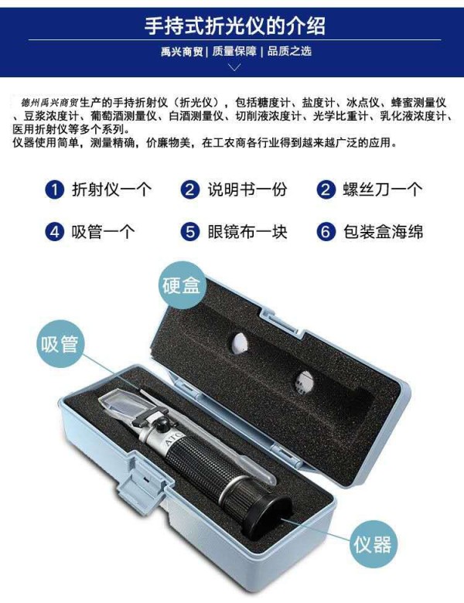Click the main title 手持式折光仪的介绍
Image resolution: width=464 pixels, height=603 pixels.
tap(234, 26)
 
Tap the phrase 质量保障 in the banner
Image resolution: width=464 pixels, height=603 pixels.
tap(234, 51)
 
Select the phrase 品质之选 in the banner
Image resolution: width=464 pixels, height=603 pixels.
tap(289, 51)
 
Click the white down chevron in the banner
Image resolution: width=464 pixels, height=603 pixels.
tap(234, 67)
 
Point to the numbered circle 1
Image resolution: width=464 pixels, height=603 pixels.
tap(55, 189)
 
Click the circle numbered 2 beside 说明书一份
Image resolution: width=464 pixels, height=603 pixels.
tap(190, 189)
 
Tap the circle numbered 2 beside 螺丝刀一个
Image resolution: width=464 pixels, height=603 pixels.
tap(326, 189)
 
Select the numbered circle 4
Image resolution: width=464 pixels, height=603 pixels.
tap(55, 232)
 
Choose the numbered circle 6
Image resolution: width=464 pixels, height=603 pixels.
tap(326, 232)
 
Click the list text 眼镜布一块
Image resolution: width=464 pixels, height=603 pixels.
tap(247, 232)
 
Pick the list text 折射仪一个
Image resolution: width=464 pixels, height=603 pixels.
tap(111, 189)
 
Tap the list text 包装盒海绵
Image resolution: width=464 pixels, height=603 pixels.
tap(384, 232)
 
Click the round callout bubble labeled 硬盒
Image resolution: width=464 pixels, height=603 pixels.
tap(183, 285)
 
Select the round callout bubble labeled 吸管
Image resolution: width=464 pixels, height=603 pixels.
tap(60, 344)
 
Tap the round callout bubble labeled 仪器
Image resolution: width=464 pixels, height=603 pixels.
tap(373, 544)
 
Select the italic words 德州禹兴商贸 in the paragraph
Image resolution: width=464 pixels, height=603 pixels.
tap(49, 103)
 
